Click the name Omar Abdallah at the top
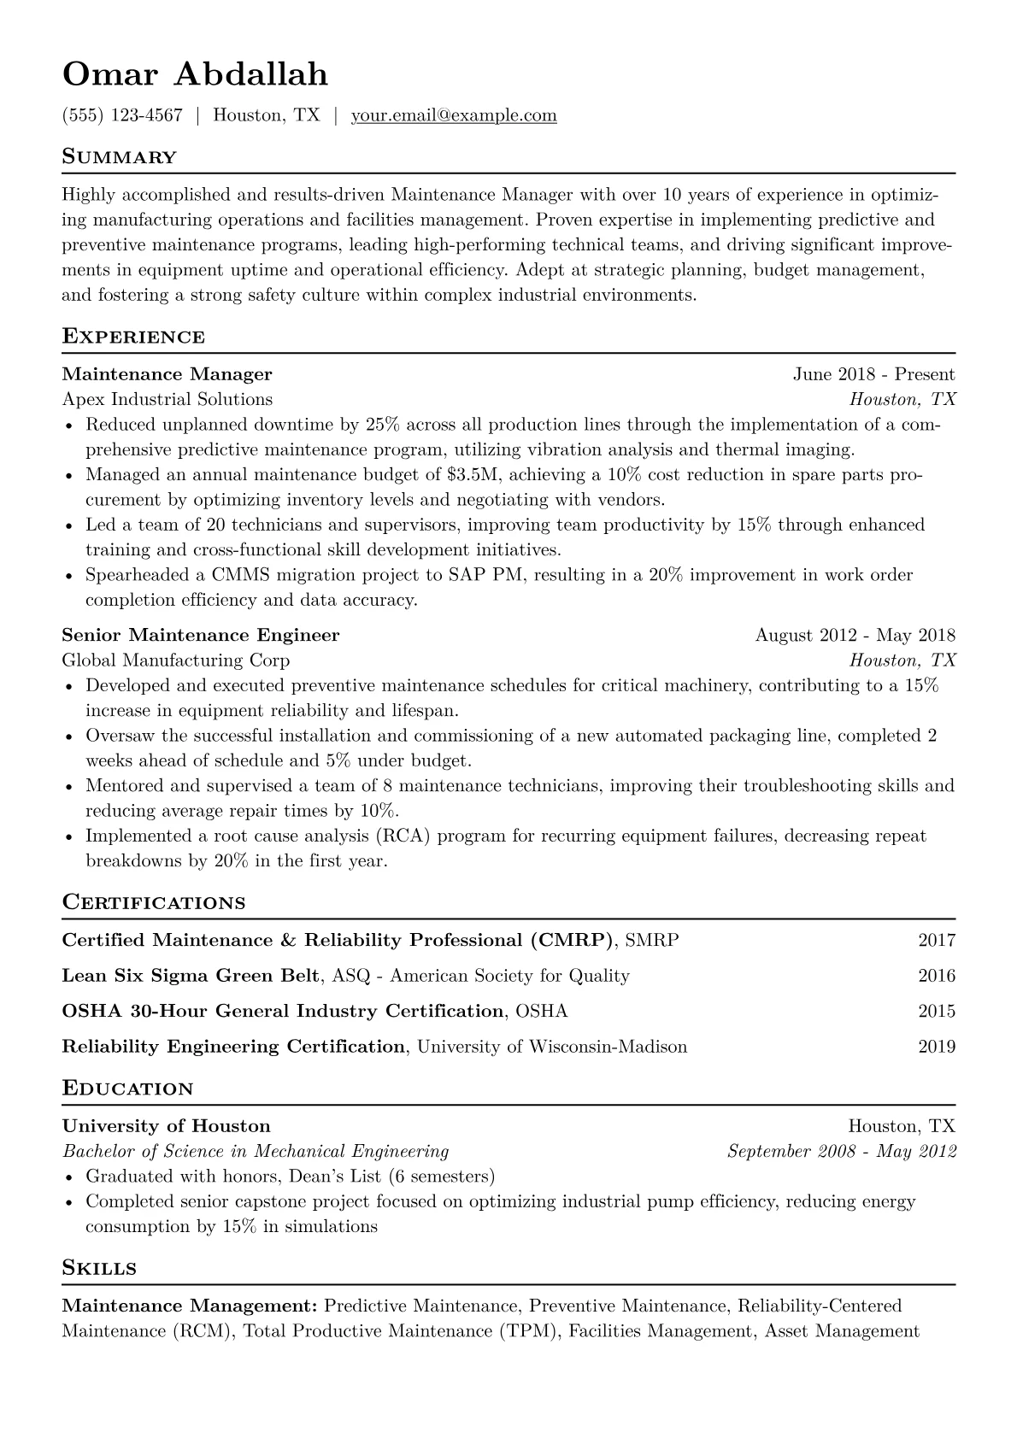click(195, 74)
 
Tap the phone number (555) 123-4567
click(122, 115)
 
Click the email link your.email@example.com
click(454, 115)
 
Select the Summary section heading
click(120, 157)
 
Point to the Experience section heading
click(133, 337)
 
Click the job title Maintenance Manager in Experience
click(168, 374)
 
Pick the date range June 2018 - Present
click(873, 374)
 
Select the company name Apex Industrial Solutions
click(168, 399)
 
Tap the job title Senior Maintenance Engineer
click(201, 635)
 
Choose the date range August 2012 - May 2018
click(855, 635)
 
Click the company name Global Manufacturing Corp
click(176, 660)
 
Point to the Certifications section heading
click(154, 903)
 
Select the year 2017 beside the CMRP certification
click(937, 941)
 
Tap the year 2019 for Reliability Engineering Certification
click(937, 1047)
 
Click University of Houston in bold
click(167, 1126)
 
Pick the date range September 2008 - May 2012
click(841, 1152)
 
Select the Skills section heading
click(99, 1268)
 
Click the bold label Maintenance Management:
click(190, 1306)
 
